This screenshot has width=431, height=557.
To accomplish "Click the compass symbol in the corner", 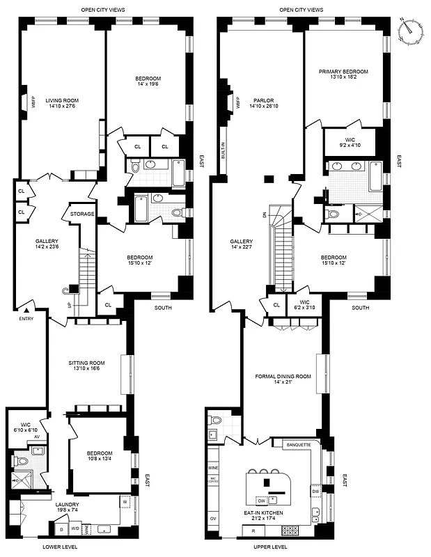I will pos(411,29).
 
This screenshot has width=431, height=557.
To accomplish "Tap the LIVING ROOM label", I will pos(62,101).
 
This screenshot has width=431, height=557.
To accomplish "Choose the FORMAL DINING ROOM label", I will pos(283,376).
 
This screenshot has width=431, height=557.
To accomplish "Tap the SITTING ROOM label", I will pos(86,363).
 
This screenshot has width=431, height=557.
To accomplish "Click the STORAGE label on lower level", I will pos(81,214).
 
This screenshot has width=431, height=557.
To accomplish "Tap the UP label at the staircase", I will pos(68,305).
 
